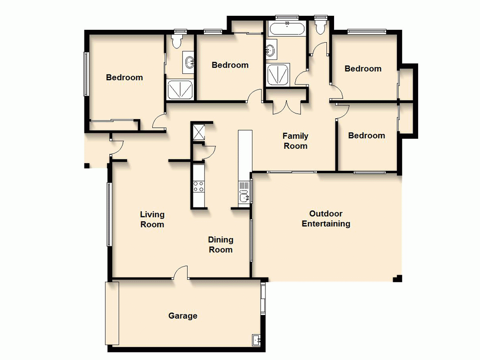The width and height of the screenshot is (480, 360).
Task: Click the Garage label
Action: coord(182,316)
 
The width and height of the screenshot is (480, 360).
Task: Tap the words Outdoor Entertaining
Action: coord(326,219)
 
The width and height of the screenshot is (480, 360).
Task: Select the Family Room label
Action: coord(295,141)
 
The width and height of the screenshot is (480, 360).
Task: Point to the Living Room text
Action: coord(152,219)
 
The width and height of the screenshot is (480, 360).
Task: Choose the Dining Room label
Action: coord(220,244)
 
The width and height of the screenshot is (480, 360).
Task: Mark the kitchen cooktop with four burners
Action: coord(199,186)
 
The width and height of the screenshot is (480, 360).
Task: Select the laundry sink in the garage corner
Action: coord(256,340)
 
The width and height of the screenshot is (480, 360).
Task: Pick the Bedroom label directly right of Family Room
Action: coord(366,136)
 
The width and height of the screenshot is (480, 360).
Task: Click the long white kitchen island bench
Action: coord(245,151)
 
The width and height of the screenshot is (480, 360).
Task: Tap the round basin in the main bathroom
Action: coord(271,49)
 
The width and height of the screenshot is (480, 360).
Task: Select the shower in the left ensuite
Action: coord(180,90)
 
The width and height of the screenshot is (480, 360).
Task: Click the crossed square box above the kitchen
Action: coord(198,132)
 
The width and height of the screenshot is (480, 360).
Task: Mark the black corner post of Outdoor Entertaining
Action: coord(397,278)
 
